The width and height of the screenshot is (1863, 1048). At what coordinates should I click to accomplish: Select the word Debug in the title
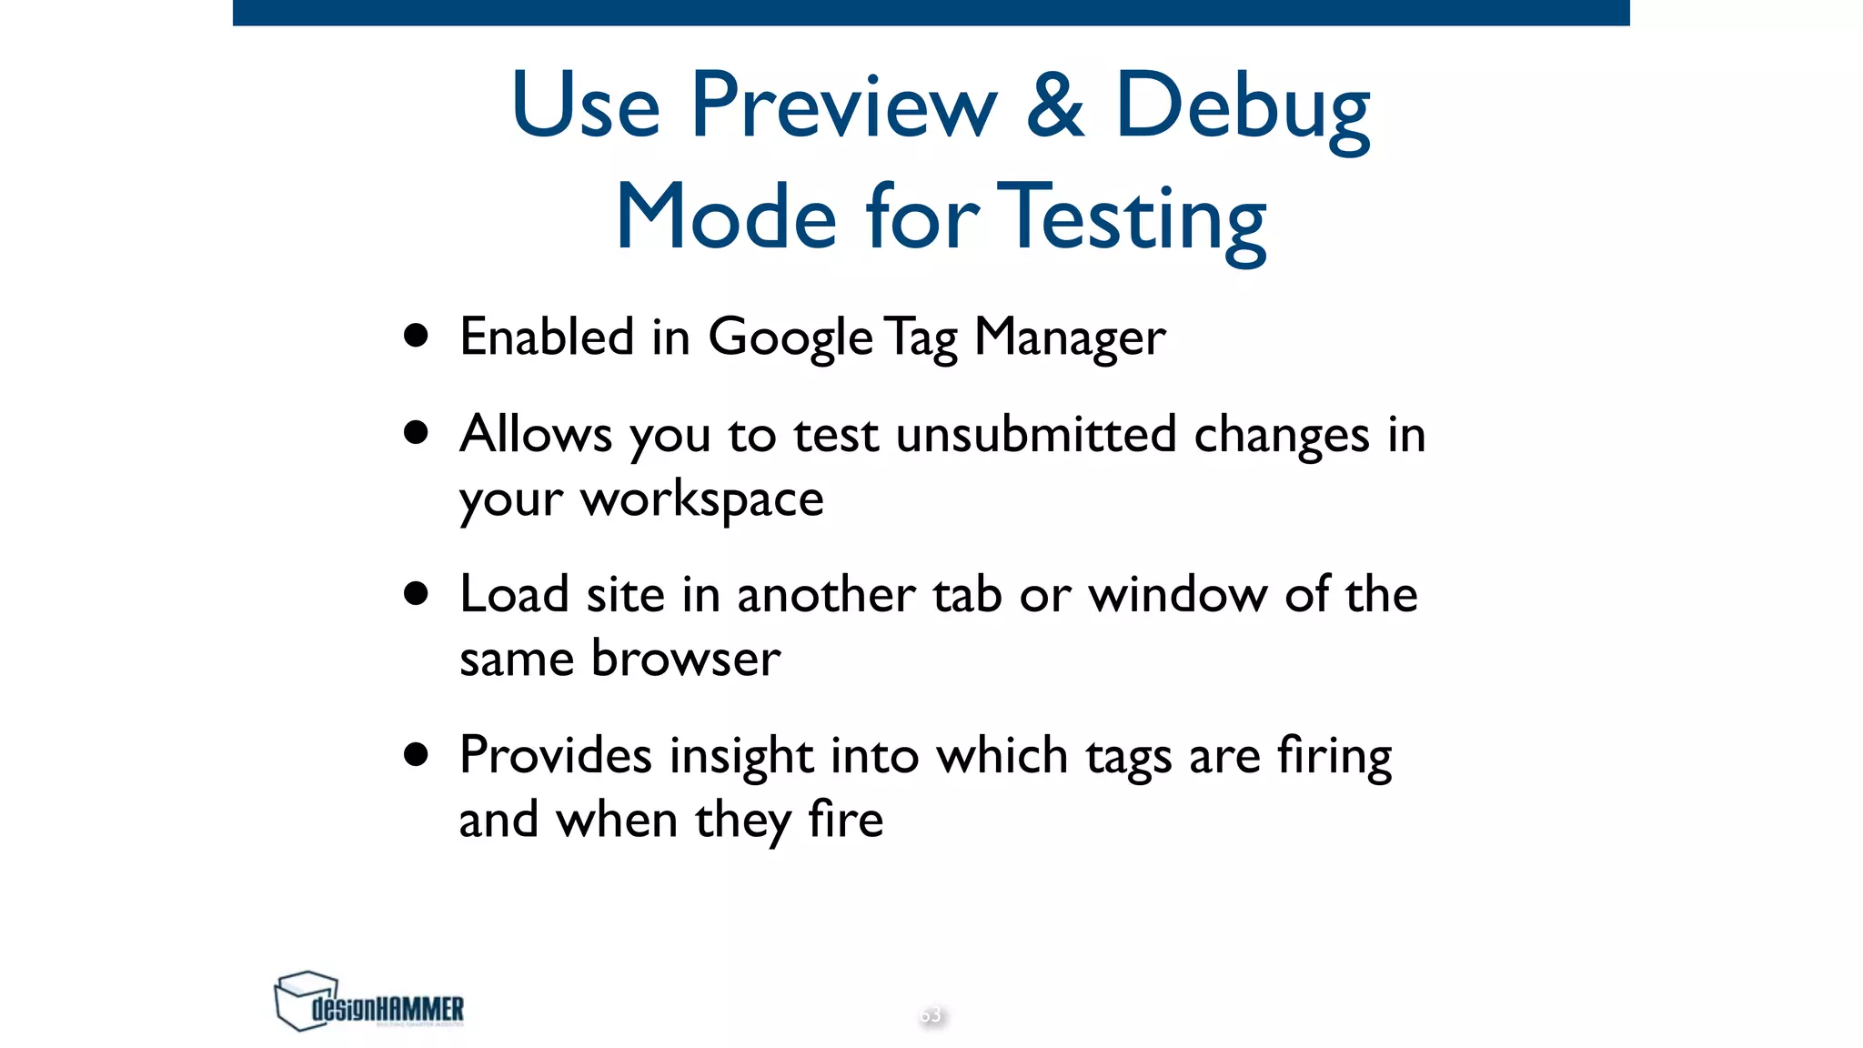(1242, 109)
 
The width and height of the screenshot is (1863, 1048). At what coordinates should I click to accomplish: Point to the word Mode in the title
(725, 218)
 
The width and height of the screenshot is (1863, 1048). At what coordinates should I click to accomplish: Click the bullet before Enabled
(417, 336)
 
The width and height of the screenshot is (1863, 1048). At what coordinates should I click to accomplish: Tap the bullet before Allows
(417, 432)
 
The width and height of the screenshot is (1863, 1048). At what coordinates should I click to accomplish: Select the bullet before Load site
(417, 593)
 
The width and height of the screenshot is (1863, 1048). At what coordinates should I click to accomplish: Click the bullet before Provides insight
(417, 754)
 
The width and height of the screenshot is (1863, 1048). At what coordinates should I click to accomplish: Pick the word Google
(791, 339)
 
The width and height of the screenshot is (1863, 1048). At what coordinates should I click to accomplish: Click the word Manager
(1070, 339)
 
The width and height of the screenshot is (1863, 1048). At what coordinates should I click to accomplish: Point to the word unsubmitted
(1036, 434)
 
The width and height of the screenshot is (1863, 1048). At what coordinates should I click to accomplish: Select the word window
(1177, 595)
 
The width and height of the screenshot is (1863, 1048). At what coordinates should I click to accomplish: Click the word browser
(685, 659)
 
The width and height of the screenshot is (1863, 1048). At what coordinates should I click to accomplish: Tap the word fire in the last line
(845, 820)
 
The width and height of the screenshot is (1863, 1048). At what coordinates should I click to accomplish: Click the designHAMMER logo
(368, 1002)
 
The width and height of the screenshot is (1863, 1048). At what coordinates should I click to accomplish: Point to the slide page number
(931, 1014)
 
